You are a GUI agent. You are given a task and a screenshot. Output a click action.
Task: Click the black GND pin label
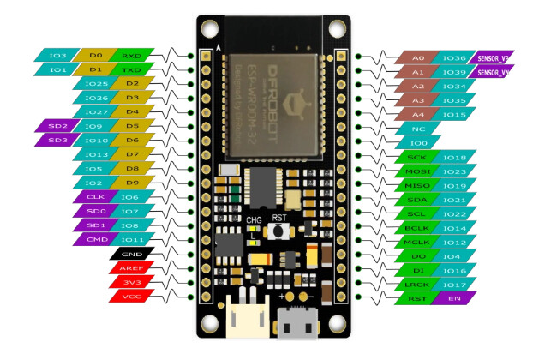pos(131,254)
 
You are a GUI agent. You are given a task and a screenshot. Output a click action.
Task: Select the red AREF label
pos(131,267)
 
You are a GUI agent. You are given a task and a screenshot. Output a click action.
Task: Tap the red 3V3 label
pos(131,282)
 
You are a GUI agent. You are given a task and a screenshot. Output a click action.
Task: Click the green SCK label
pos(417,158)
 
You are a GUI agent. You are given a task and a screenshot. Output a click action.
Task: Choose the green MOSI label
pos(417,171)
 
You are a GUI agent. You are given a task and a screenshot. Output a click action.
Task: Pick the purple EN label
pos(454,298)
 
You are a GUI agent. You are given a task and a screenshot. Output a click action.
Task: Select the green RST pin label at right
pos(417,298)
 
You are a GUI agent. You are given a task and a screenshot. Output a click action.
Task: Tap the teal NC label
pos(417,128)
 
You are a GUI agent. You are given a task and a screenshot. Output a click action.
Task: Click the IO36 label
pos(454,57)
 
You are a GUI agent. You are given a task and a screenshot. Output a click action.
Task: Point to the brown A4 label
pos(417,114)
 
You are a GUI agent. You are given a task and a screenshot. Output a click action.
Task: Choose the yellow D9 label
pos(131,183)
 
